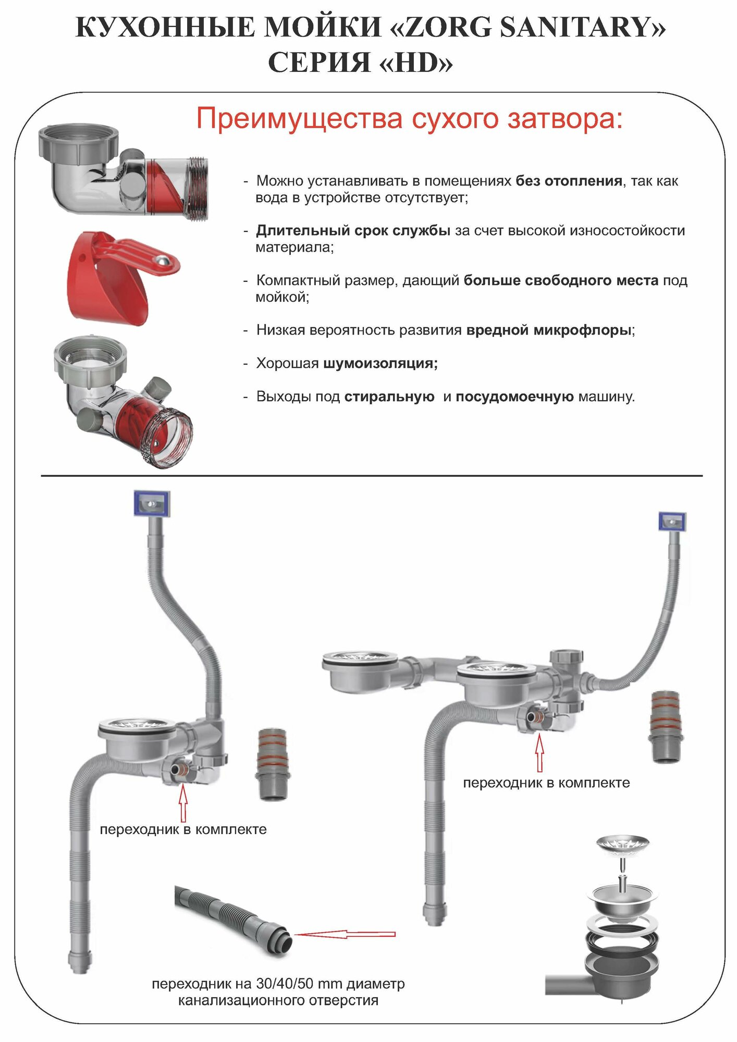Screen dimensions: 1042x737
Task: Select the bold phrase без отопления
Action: pos(569,181)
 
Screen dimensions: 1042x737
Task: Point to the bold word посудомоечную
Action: pos(514,396)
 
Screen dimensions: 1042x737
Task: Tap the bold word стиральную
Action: pos(389,396)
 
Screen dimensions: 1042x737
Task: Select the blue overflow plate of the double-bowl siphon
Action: pos(672,521)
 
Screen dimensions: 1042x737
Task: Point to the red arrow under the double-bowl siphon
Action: pos(539,753)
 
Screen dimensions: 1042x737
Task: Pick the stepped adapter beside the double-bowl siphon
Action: pos(665,726)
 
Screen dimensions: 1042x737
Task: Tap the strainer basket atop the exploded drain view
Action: pos(622,843)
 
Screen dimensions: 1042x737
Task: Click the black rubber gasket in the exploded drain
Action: pos(622,939)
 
